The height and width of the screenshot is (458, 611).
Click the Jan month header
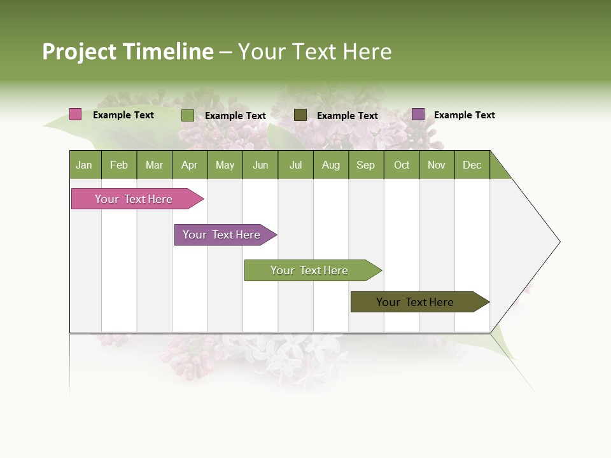84,165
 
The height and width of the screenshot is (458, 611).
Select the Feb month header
119,165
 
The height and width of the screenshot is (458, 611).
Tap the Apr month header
190,165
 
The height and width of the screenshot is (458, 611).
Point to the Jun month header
260,165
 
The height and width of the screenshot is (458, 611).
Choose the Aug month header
331,165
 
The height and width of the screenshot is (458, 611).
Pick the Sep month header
366,165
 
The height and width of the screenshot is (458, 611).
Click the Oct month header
402,165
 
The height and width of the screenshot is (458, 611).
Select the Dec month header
472,165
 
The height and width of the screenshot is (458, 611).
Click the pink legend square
76,114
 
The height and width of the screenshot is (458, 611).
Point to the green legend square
188,115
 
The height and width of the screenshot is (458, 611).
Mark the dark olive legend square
300,115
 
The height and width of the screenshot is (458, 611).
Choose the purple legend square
418,114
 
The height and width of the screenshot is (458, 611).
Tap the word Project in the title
80,52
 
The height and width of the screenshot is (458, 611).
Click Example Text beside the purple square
465,115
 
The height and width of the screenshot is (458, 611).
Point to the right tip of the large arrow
559,242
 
